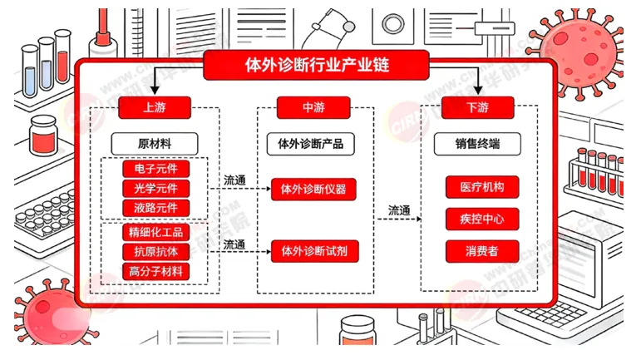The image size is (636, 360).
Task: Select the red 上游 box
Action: pyautogui.click(x=155, y=106)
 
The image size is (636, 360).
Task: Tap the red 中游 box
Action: pyautogui.click(x=313, y=106)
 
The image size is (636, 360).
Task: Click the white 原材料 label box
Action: pyautogui.click(x=155, y=143)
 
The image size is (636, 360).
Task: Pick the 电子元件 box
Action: pyautogui.click(x=155, y=169)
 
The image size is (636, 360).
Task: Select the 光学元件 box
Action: pyautogui.click(x=155, y=188)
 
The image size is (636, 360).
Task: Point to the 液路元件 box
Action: pyautogui.click(x=155, y=207)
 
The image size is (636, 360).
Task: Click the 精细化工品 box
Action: pyautogui.click(x=155, y=232)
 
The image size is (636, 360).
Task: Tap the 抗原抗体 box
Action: pyautogui.click(x=155, y=251)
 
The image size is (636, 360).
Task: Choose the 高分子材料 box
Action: pyautogui.click(x=155, y=271)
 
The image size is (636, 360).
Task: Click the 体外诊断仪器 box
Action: pyautogui.click(x=313, y=189)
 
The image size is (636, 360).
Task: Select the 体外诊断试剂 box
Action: pyautogui.click(x=313, y=250)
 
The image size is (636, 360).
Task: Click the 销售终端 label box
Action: pyautogui.click(x=477, y=143)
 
